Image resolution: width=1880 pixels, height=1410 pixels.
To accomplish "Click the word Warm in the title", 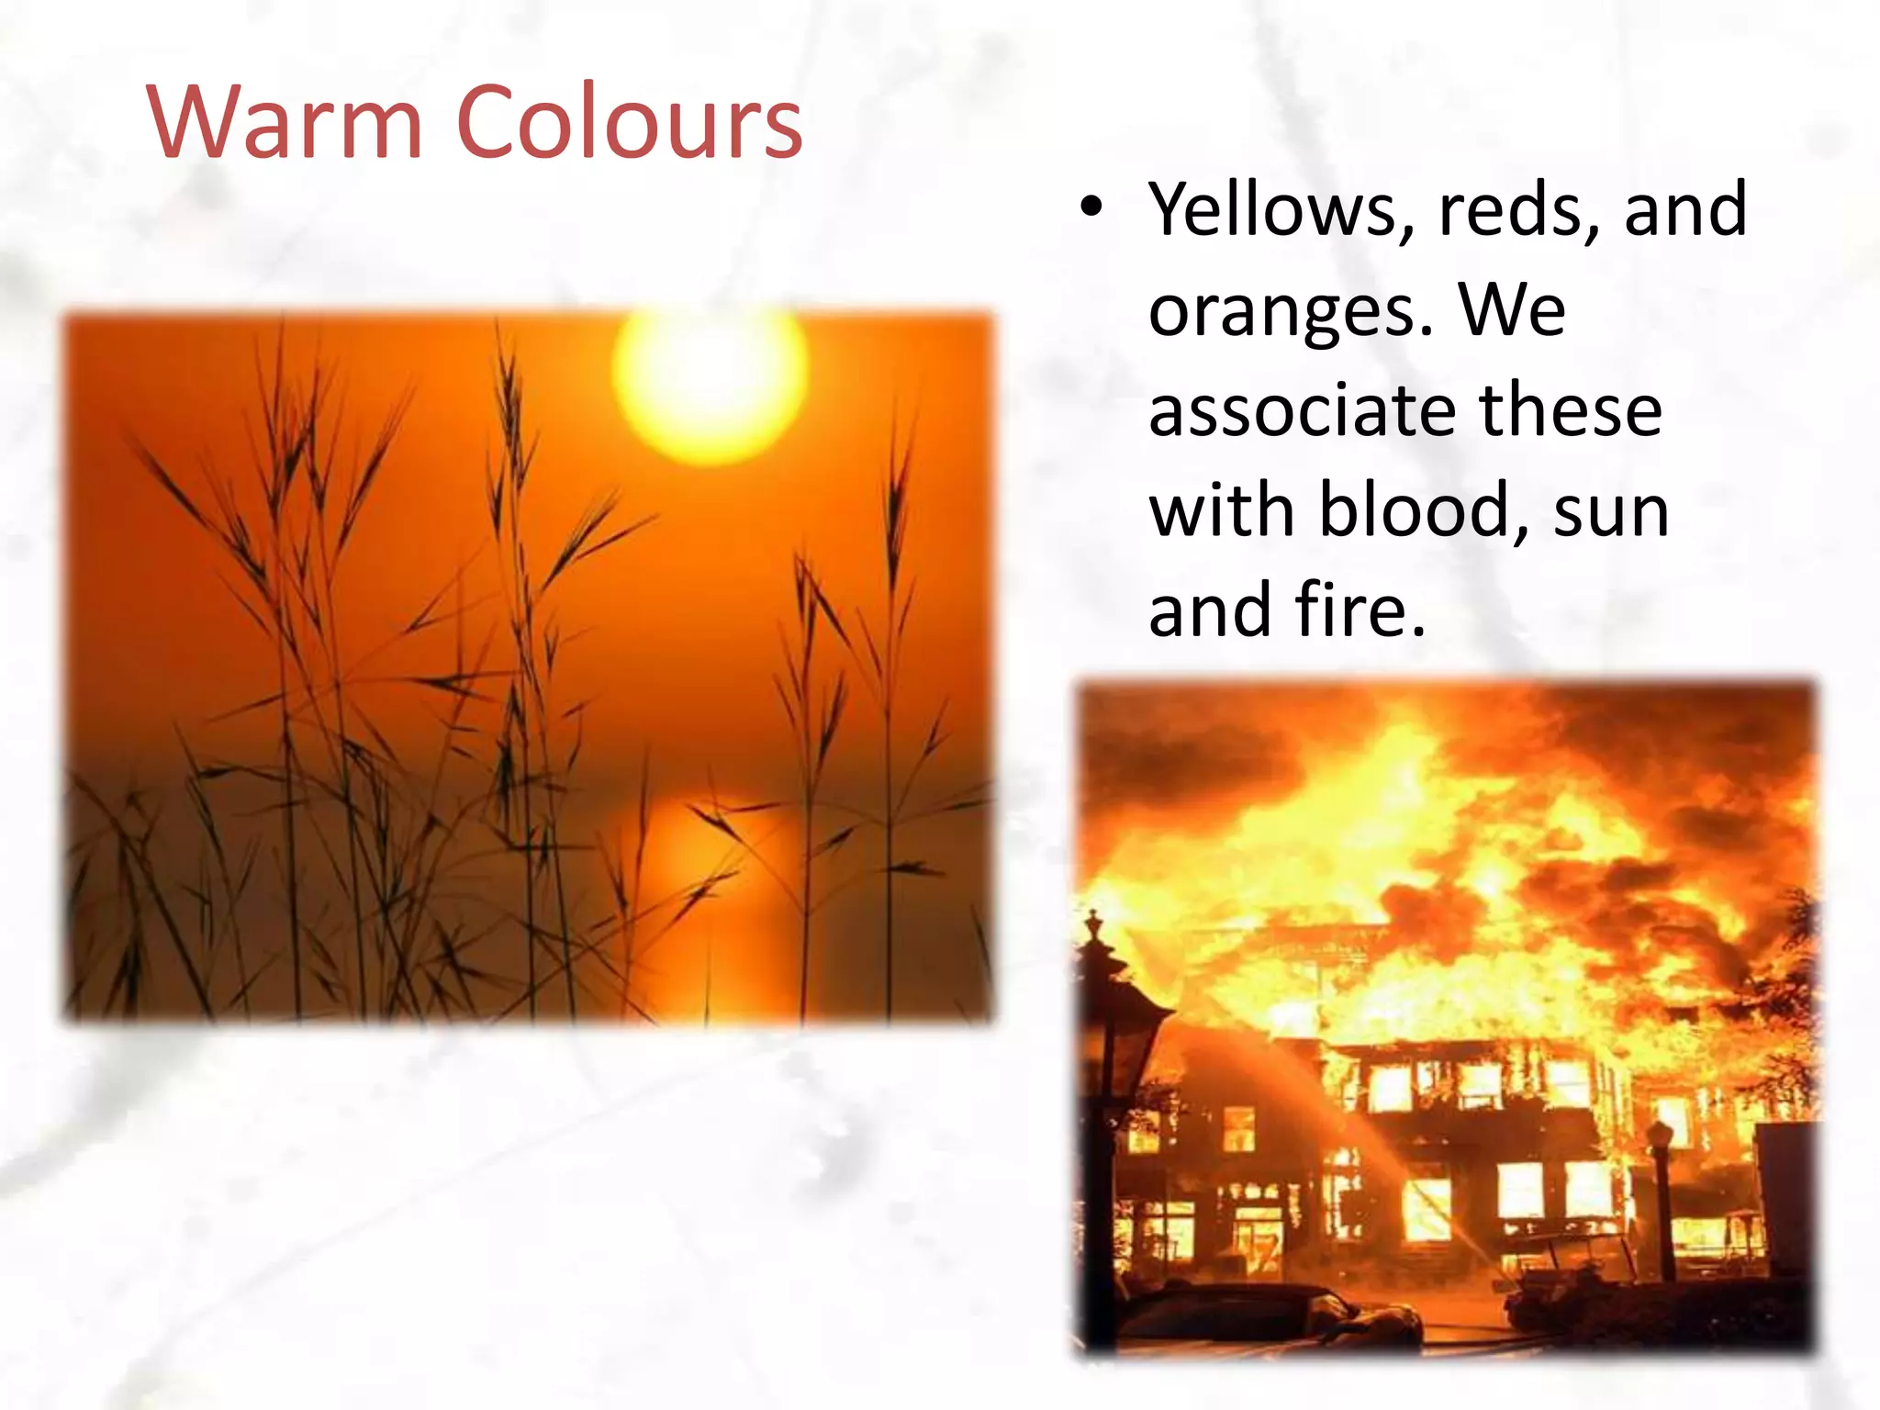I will (x=285, y=122).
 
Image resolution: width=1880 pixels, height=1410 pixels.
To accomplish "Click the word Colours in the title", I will (x=629, y=122).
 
